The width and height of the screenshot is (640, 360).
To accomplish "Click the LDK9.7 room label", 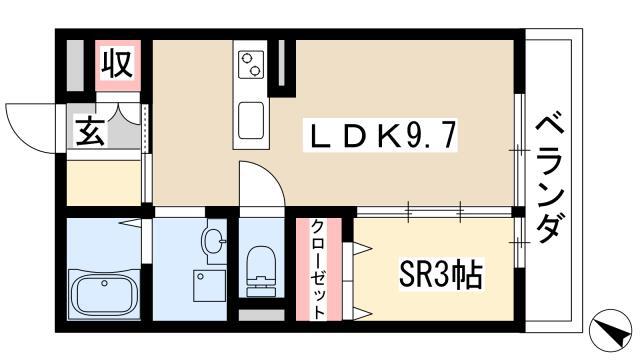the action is tap(380, 135).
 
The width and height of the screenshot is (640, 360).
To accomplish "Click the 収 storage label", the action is tap(118, 64).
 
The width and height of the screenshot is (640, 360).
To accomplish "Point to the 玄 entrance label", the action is tap(90, 131).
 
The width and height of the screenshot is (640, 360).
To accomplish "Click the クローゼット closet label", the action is tap(318, 269).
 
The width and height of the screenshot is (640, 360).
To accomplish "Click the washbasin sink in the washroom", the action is tap(214, 242).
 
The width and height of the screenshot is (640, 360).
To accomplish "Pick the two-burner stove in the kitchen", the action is tap(251, 64).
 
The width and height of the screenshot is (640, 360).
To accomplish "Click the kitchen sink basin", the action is tap(251, 121).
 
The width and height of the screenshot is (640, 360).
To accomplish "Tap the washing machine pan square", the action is tap(209, 286).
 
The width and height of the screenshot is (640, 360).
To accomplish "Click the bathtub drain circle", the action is tap(104, 283).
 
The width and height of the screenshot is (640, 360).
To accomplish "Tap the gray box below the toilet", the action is tap(261, 315).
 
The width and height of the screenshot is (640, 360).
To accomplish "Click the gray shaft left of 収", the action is tap(75, 65).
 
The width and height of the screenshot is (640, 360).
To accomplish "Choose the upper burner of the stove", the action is tap(247, 58).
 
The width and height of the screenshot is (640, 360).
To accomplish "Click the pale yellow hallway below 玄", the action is tap(104, 182).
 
